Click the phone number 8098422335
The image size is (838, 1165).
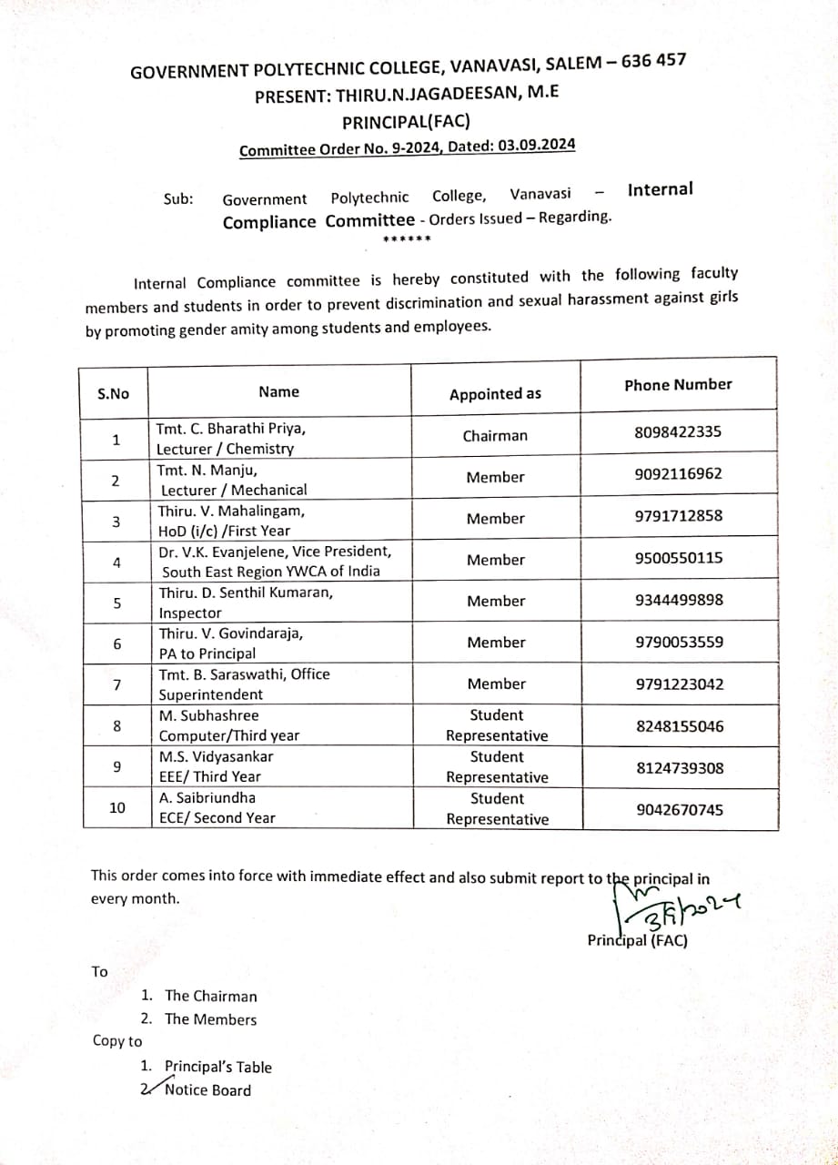coord(678,431)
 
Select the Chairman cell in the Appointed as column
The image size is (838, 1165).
coord(494,436)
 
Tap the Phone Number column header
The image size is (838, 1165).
coord(678,385)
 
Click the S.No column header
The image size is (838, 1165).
coord(114,394)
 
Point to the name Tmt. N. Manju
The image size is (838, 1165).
coord(207,471)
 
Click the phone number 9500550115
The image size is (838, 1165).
coord(679,557)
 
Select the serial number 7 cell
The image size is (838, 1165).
coord(116,684)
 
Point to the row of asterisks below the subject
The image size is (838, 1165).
coord(406,239)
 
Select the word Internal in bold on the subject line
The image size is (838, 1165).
coord(660,189)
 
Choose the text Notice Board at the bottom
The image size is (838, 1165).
coord(207,1090)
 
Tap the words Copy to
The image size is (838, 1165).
coord(117,1041)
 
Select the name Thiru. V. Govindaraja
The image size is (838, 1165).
coord(231,633)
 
